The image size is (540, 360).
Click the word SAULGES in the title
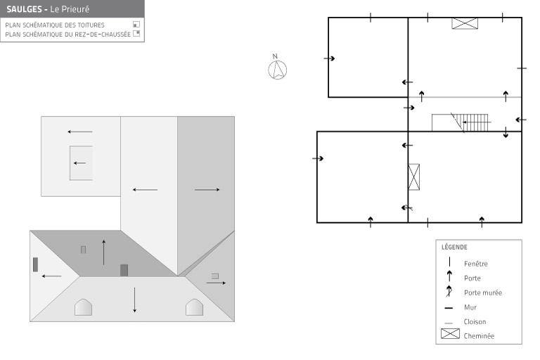point(24,9)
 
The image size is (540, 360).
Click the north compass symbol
point(277,69)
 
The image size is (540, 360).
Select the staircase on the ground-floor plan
point(460,122)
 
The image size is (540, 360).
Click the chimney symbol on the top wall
point(465,23)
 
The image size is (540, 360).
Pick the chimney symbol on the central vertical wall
point(413,176)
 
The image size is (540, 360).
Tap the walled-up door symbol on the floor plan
point(407,207)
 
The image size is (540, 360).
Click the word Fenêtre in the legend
point(475,264)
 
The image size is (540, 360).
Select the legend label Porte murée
point(483,292)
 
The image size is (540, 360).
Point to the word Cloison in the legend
point(475,322)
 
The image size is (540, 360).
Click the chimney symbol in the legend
point(450,333)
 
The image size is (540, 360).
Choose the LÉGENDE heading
point(454,247)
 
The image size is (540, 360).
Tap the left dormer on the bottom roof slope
point(84,307)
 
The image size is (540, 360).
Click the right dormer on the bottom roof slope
point(194,307)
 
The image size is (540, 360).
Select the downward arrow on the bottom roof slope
point(135,300)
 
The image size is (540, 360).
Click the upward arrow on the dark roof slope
point(103,252)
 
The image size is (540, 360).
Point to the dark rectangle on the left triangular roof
point(35,264)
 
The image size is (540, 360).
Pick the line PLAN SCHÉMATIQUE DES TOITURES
point(55,25)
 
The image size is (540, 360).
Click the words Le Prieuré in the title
point(70,9)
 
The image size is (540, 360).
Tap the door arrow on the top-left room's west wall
point(329,58)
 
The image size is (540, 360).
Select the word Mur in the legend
point(470,307)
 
